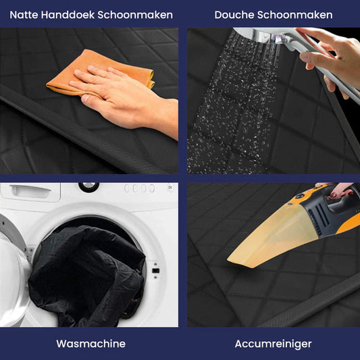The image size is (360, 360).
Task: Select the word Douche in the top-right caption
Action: pyautogui.click(x=233, y=14)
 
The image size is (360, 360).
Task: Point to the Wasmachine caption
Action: pyautogui.click(x=91, y=344)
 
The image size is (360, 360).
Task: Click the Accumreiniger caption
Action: pyautogui.click(x=273, y=344)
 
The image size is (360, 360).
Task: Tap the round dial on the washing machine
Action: pyautogui.click(x=88, y=186)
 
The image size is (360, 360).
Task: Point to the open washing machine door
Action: pyautogui.click(x=14, y=277)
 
